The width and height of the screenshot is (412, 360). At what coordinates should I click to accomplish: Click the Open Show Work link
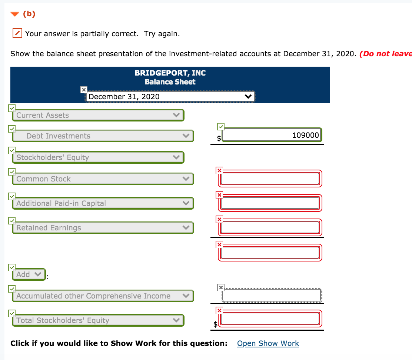(268, 343)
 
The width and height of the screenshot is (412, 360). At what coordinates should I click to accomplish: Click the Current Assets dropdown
(98, 115)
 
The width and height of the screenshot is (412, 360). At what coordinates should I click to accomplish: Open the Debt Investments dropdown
(103, 136)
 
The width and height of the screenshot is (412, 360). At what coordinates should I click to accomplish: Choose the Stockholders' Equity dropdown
(98, 157)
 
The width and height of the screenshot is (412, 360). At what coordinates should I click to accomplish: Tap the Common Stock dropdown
(103, 179)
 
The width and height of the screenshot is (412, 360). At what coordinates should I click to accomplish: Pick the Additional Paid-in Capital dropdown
(103, 203)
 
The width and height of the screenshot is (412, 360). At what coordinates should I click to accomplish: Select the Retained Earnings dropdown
(103, 228)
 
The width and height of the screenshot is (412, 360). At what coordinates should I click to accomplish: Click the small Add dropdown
(29, 274)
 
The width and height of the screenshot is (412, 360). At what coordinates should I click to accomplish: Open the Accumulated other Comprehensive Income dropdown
(103, 296)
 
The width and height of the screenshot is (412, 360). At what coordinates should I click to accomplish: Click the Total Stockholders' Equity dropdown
(98, 320)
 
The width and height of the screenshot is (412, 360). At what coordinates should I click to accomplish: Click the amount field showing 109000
(272, 135)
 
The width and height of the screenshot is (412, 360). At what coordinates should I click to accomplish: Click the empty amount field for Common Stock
(270, 179)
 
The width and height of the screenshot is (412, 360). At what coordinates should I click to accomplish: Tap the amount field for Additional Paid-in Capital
(270, 203)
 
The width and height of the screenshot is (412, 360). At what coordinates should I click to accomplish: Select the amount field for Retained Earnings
(270, 227)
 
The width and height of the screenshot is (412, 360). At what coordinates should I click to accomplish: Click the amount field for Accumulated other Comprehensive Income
(272, 296)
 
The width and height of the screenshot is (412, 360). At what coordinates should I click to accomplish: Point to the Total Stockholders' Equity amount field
(270, 319)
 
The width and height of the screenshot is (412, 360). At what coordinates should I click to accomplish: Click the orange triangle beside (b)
(14, 14)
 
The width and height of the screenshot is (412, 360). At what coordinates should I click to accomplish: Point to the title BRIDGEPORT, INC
(170, 73)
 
